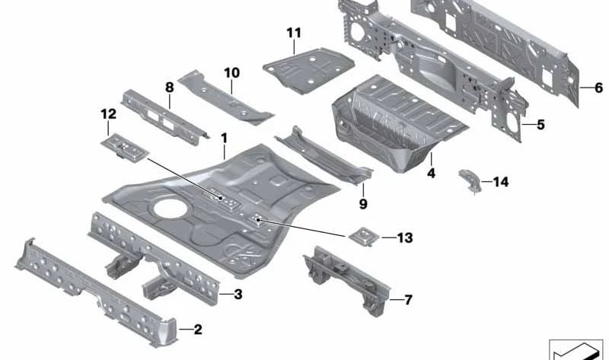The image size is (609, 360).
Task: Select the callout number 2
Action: point(197,330)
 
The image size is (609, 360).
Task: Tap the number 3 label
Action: point(238,293)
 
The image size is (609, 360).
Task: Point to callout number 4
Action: point(430,173)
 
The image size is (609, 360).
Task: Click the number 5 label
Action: point(540,124)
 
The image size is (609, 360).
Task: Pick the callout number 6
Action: point(598,88)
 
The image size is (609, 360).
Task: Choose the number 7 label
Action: point(408,300)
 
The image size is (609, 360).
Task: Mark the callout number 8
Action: point(169,88)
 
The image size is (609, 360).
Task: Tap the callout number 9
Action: point(363,203)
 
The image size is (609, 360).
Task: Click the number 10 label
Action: point(231,73)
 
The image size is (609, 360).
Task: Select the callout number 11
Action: point(294,33)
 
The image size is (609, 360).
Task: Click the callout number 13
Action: point(404,238)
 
